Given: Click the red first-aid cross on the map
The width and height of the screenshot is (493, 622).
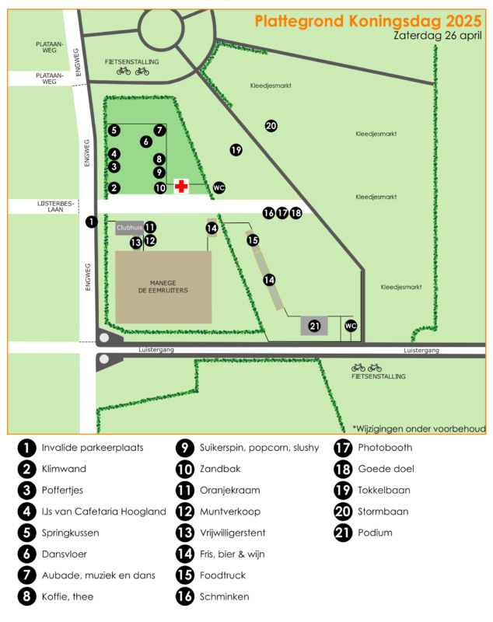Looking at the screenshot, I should [181, 187].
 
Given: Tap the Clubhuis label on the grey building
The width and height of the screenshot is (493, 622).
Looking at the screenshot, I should [129, 228].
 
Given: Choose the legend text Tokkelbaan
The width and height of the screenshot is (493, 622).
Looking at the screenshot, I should [383, 491].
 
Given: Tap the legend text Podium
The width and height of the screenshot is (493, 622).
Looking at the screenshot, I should [375, 533].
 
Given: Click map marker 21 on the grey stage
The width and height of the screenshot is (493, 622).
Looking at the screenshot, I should [315, 326].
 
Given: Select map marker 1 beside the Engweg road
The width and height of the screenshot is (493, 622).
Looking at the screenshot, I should [91, 222].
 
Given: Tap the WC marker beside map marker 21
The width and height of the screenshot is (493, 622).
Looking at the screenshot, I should [351, 326].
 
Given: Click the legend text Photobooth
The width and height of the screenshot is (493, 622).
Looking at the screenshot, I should [385, 448].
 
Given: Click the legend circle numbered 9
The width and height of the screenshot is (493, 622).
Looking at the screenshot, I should [184, 448].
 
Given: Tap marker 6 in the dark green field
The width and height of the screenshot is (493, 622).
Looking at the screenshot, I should [145, 142].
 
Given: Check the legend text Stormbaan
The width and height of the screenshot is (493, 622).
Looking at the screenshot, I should [383, 512].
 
